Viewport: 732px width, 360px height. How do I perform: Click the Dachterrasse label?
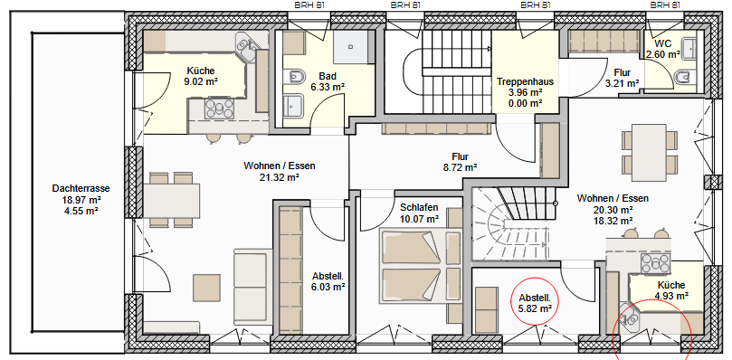click(81, 189)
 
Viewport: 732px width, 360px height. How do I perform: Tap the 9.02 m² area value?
click(201, 81)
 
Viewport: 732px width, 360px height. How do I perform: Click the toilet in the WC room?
click(683, 77)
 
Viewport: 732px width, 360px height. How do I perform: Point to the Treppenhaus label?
click(525, 81)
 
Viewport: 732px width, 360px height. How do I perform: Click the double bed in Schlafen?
click(412, 266)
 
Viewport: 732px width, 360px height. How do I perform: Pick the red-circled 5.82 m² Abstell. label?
click(535, 298)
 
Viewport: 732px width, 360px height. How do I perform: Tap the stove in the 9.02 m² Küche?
click(219, 109)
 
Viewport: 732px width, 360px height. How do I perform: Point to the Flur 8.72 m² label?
click(460, 162)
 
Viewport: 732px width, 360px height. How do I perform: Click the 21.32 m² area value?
click(280, 177)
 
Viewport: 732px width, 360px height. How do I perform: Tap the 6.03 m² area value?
click(328, 287)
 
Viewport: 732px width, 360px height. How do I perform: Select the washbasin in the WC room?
click(689, 48)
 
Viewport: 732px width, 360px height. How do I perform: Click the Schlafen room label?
click(419, 207)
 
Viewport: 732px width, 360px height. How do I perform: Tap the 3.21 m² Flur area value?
click(623, 83)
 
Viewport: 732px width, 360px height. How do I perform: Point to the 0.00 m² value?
click(525, 103)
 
